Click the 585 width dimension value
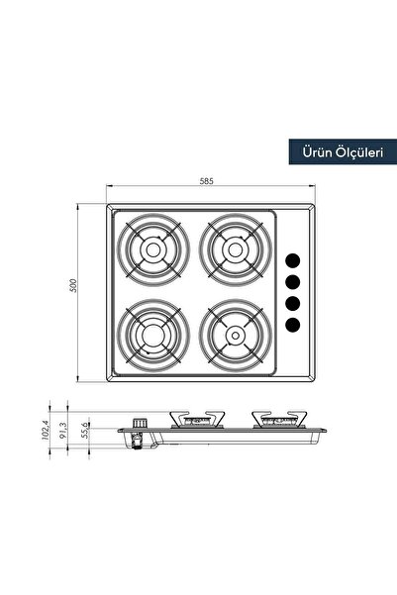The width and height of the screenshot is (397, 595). (x=206, y=182)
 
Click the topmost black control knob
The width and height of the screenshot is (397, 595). (x=293, y=261)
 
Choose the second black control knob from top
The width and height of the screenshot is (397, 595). (x=293, y=282)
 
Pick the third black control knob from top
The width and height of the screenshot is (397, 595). (x=293, y=303)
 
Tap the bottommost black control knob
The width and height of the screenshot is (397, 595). (x=293, y=324)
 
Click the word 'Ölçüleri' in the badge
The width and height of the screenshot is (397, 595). (x=359, y=151)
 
